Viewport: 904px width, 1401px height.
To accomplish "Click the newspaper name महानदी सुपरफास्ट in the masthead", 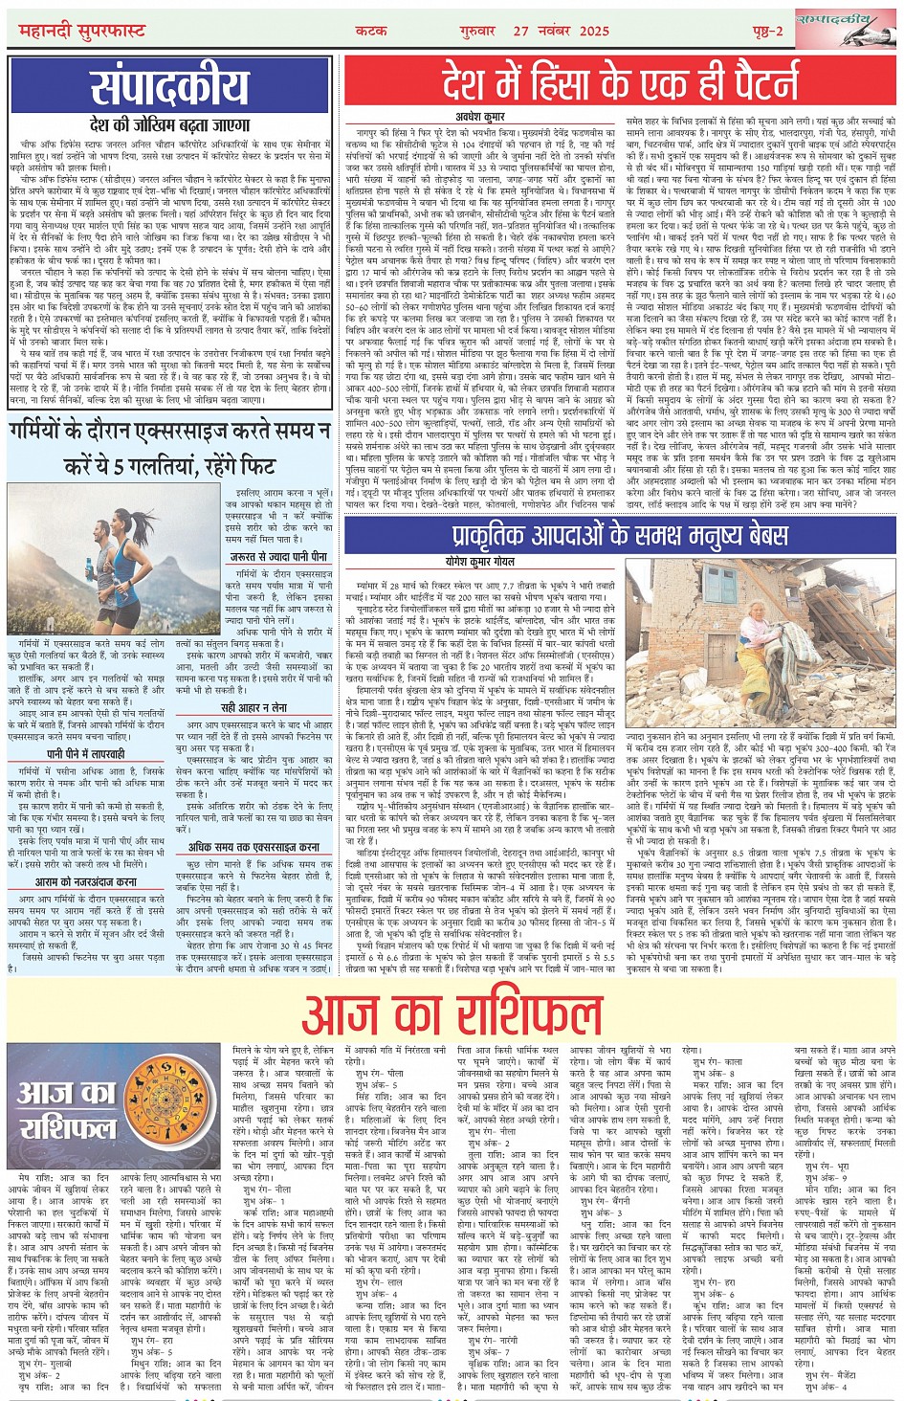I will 82,31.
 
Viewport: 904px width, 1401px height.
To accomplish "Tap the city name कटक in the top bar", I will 370,31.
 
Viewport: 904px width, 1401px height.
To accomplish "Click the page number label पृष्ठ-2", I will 750,31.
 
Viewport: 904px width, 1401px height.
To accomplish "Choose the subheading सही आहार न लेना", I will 253,707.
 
